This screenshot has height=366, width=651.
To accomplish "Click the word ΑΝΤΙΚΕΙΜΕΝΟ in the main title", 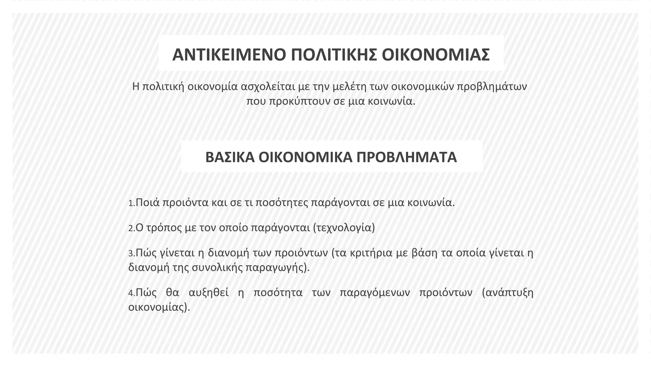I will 230,55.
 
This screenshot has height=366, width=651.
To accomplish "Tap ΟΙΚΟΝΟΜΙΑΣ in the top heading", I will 435,55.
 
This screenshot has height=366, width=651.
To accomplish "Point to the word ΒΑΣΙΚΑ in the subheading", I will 230,157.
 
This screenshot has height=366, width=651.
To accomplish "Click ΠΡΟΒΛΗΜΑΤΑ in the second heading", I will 407,157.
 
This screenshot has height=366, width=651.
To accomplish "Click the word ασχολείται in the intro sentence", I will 268,86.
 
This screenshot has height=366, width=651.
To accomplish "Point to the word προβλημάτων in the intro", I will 492,86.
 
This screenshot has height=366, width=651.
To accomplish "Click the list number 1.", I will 131,203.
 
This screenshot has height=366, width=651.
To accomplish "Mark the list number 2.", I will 131,228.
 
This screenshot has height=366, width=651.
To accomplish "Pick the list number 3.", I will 131,254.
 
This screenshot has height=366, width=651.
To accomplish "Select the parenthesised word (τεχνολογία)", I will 344,228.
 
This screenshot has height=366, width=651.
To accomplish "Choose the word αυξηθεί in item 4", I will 209,293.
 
